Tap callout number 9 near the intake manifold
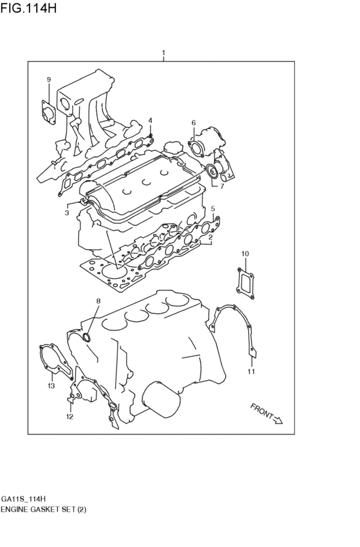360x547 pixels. pyautogui.click(x=48, y=79)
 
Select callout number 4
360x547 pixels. pyautogui.click(x=150, y=120)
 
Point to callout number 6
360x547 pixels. pyautogui.click(x=193, y=123)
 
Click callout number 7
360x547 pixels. pyautogui.click(x=222, y=187)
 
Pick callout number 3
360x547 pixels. pyautogui.click(x=66, y=213)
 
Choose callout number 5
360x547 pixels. pyautogui.click(x=213, y=209)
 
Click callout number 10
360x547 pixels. pyautogui.click(x=244, y=254)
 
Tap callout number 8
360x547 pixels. pyautogui.click(x=98, y=301)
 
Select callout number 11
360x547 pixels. pyautogui.click(x=251, y=371)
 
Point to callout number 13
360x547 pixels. pyautogui.click(x=51, y=386)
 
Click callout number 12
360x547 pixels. pyautogui.click(x=69, y=417)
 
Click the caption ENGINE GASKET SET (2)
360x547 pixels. pyautogui.click(x=44, y=509)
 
